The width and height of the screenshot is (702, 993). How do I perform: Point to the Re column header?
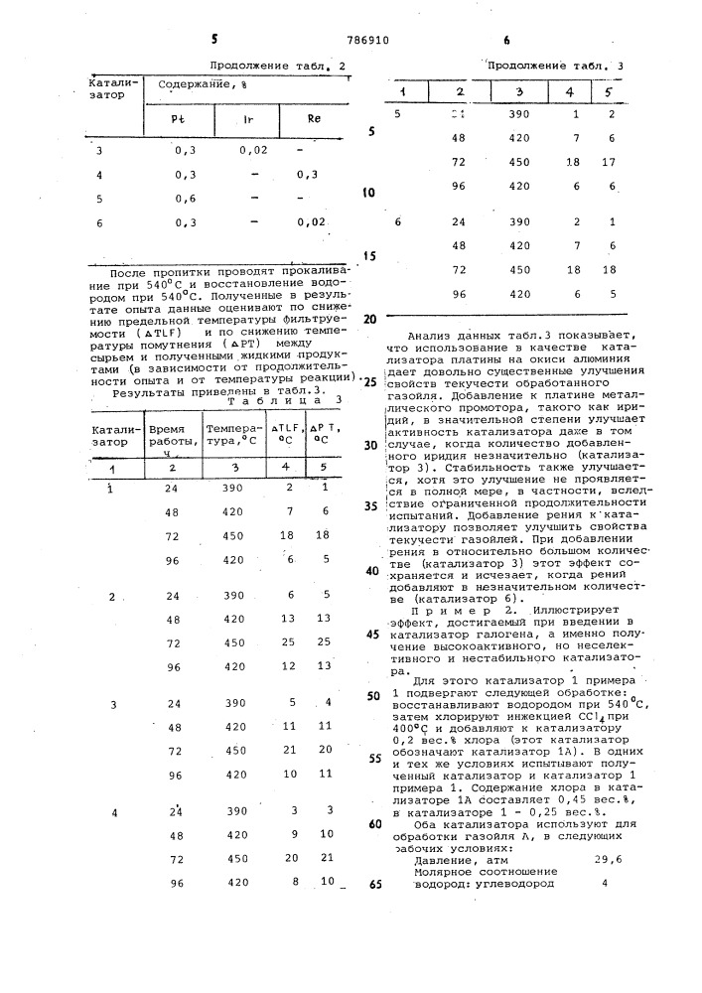pos(314,119)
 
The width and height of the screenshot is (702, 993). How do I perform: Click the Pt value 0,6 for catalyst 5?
pos(185,198)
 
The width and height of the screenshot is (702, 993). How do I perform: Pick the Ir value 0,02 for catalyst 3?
pos(254,150)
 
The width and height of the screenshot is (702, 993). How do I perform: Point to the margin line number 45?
pos(374,634)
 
